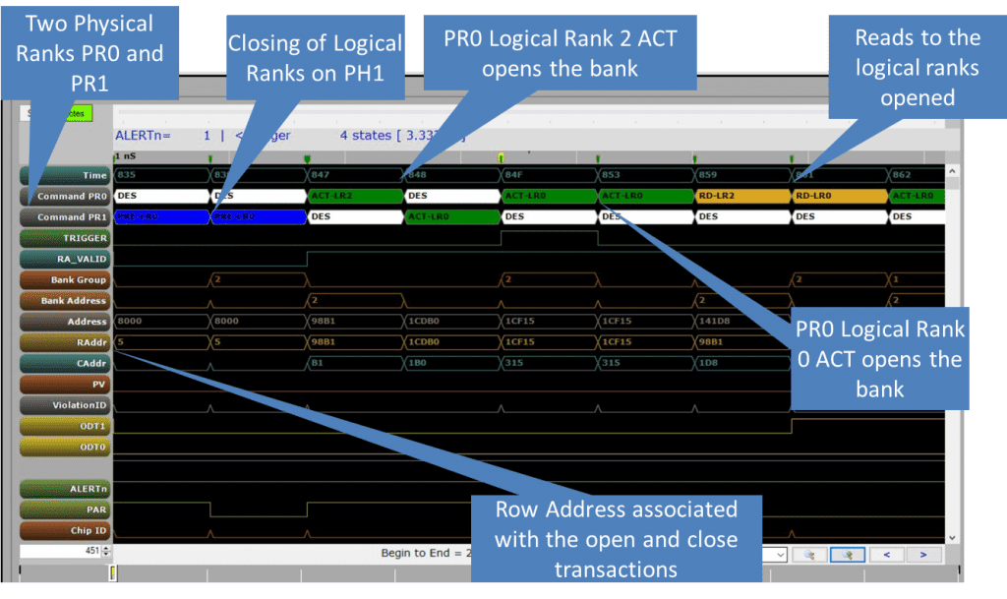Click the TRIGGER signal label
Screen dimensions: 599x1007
click(x=65, y=238)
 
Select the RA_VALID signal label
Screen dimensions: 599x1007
click(x=65, y=259)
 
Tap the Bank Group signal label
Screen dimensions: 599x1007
click(x=65, y=280)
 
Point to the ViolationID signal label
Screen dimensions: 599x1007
click(x=65, y=405)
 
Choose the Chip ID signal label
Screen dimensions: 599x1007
click(x=65, y=531)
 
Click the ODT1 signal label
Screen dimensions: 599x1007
click(x=65, y=426)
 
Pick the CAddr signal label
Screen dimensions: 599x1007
click(x=65, y=364)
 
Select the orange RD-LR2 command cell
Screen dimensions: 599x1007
click(x=742, y=196)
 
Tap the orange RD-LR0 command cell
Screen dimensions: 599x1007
click(x=839, y=196)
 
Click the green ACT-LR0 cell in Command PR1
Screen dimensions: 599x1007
click(x=452, y=216)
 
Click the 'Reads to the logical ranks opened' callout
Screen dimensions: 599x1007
click(x=904, y=67)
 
